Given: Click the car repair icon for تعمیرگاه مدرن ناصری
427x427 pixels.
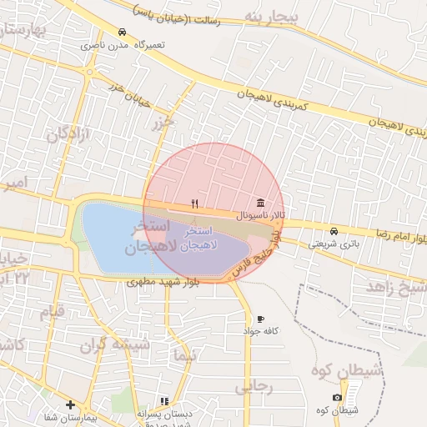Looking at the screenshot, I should pyautogui.click(x=123, y=33).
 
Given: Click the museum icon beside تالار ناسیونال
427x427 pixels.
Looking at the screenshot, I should pyautogui.click(x=261, y=203).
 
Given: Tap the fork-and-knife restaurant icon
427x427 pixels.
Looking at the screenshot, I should pyautogui.click(x=194, y=203).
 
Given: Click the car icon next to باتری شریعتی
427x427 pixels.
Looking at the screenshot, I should pyautogui.click(x=334, y=231).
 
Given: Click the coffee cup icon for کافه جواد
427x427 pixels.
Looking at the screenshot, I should pyautogui.click(x=260, y=319).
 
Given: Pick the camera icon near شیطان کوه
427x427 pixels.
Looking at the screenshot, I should pyautogui.click(x=337, y=397).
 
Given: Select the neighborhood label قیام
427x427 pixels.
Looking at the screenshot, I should pyautogui.click(x=52, y=312).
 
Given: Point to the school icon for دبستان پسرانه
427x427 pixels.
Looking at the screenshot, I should pyautogui.click(x=164, y=401).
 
